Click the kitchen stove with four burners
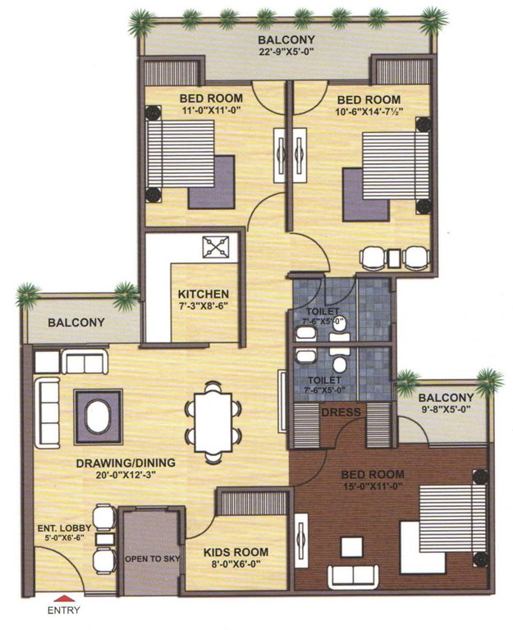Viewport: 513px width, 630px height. point(219,246)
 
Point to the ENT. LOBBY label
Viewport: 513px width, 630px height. point(68,527)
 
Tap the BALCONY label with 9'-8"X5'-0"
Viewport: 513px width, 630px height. point(446,397)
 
